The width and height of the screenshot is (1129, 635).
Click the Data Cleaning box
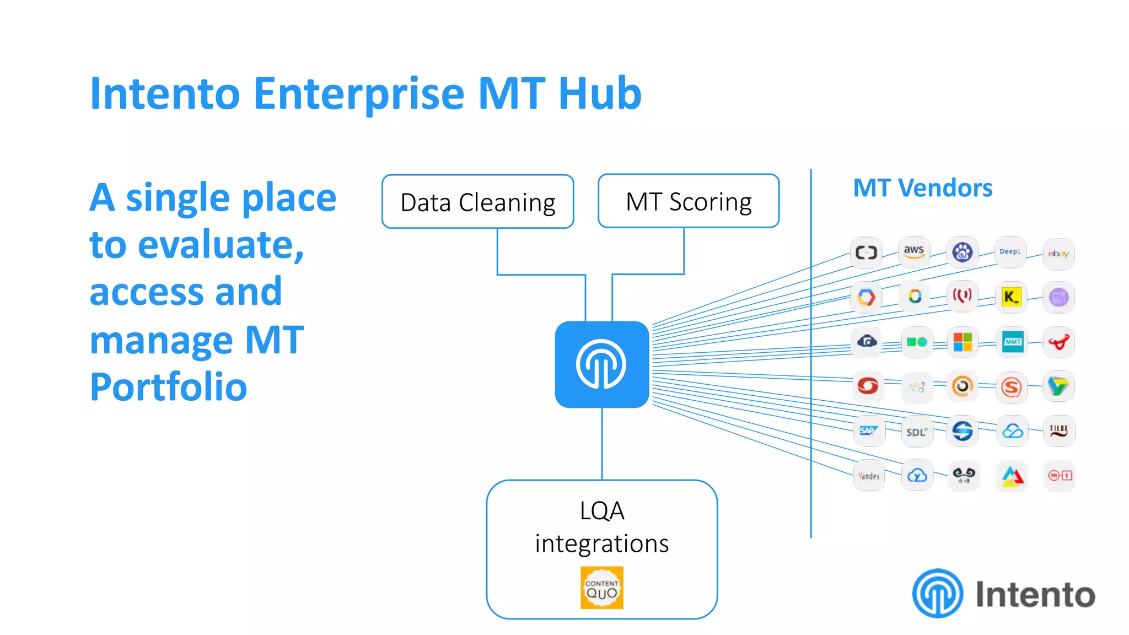pos(477,202)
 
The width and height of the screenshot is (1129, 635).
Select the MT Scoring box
pos(688,201)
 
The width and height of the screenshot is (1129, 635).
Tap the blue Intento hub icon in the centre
pos(601,364)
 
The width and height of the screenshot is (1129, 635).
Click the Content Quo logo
pos(601,588)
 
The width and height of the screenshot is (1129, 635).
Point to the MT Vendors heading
pos(922,188)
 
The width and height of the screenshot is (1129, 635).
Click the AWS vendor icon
pos(914,252)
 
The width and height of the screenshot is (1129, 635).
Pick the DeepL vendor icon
pos(1010,252)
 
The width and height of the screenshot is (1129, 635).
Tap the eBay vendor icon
pos(1058,254)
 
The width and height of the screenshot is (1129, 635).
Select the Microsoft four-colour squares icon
pos(963,342)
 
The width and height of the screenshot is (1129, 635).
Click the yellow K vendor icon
pos(1011,297)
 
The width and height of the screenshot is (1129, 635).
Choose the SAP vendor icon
pos(868,430)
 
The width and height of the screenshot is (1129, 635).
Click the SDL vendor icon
pos(916,432)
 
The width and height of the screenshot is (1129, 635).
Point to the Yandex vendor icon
pos(869,475)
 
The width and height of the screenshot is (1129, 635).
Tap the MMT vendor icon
pos(1012,342)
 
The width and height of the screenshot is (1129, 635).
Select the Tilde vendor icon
pos(1058,430)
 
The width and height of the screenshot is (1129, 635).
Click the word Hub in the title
pos(600,94)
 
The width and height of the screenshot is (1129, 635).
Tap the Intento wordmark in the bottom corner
pos(1035,594)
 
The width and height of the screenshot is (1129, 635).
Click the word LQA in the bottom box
pos(601,511)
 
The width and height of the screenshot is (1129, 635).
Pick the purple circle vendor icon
pos(1058,298)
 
